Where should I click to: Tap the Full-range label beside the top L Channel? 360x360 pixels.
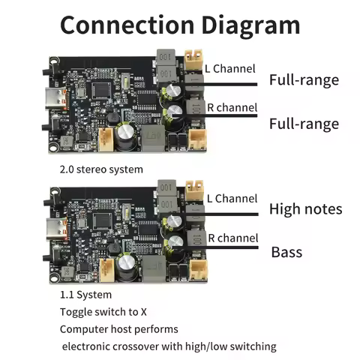point(304,80)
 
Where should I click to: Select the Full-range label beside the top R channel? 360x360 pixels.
point(304,123)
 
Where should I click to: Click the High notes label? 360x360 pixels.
point(305,209)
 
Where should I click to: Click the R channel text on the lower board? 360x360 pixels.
point(232,238)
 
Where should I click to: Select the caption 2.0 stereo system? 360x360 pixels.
point(100,169)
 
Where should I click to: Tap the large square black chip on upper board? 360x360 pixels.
point(100,87)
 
